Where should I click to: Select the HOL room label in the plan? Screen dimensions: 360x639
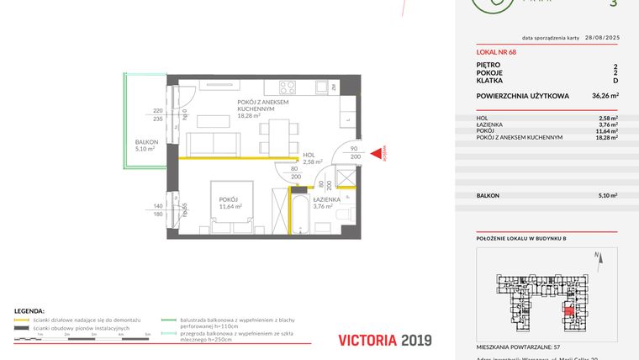coord(309,155)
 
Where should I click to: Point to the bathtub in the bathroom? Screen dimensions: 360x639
coord(299,212)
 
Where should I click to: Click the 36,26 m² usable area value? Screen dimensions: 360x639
coord(605,96)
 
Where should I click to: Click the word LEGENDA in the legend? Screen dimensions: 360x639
coord(29,310)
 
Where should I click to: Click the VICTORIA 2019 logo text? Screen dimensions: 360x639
coord(384,341)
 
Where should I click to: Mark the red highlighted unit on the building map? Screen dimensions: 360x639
coord(569,314)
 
